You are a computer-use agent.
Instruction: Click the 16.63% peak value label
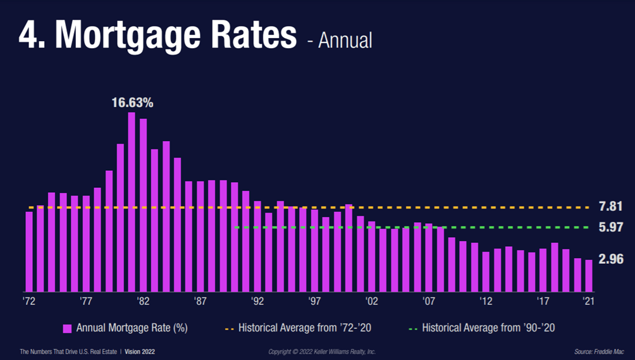[133, 102]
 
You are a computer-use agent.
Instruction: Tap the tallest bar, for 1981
[132, 202]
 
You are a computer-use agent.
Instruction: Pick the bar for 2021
[589, 275]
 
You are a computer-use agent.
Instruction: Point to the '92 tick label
[257, 302]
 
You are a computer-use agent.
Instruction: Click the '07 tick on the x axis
[429, 302]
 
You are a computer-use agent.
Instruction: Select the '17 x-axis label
[543, 302]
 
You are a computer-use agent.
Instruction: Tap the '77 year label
[86, 302]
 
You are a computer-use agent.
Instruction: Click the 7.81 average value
[611, 207]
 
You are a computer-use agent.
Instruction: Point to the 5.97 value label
[611, 227]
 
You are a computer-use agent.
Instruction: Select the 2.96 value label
[611, 259]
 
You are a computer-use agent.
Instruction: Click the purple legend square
[67, 328]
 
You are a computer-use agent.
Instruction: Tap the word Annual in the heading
[345, 40]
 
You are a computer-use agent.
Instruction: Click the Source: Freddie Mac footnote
[595, 351]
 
